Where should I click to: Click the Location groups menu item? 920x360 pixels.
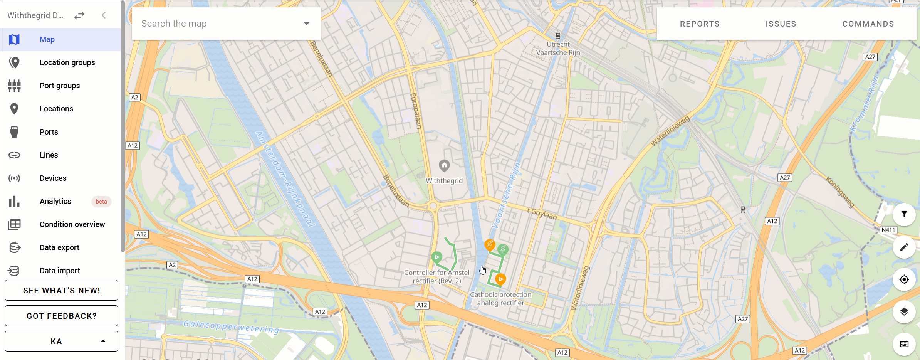pos(67,62)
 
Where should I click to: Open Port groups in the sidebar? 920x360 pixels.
pos(60,86)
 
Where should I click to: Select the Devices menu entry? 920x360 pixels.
pos(53,178)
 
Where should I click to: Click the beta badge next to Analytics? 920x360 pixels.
pos(101,202)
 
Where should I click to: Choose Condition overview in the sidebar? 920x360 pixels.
pos(72,224)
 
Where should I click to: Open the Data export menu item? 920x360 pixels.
pos(59,247)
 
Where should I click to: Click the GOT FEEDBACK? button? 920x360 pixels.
pos(61,316)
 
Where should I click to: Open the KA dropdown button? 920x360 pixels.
pos(61,341)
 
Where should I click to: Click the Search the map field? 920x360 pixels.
pos(220,24)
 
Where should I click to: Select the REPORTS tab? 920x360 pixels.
pos(700,24)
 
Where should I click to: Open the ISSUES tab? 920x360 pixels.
pos(781,24)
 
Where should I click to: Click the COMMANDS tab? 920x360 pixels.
pos(868,24)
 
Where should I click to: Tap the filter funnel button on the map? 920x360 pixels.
pos(904,214)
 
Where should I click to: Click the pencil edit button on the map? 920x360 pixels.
pos(904,247)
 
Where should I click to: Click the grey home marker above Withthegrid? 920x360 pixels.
pos(444,166)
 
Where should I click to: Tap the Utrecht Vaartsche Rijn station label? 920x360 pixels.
pos(558,49)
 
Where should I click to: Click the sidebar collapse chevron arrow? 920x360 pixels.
pos(103,15)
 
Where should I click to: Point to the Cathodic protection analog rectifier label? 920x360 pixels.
pos(500,299)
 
